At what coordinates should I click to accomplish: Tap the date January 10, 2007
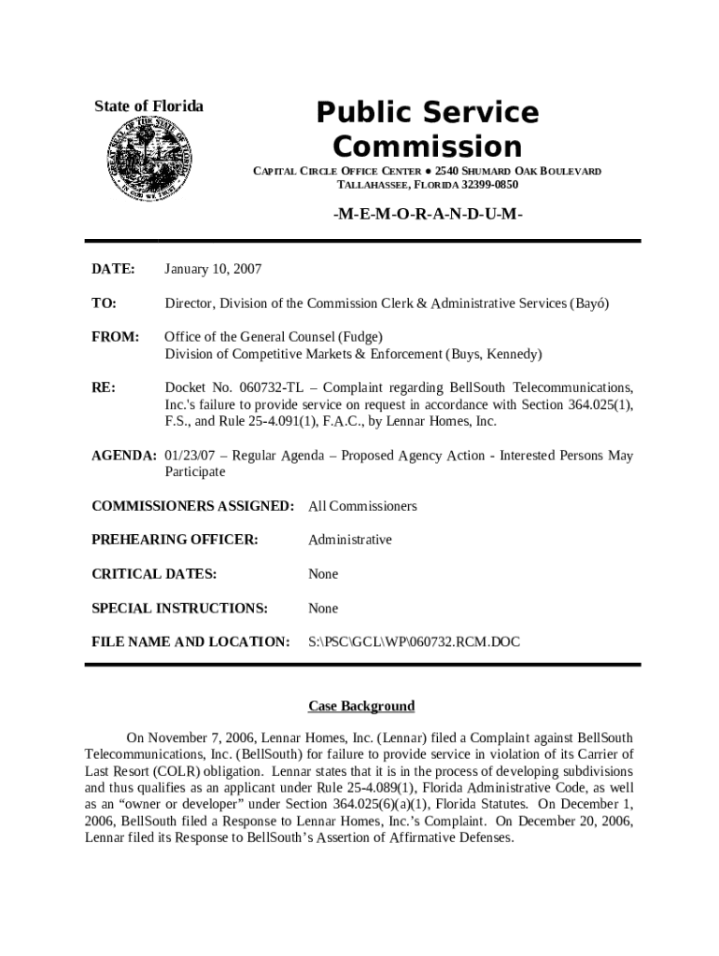tap(213, 269)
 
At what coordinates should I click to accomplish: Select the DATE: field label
tap(113, 269)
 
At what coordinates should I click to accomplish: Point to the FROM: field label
tap(115, 336)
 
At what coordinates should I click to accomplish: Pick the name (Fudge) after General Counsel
tap(360, 336)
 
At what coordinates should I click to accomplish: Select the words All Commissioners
tap(362, 506)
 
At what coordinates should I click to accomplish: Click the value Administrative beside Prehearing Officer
tap(350, 540)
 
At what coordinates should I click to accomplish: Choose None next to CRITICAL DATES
tap(323, 573)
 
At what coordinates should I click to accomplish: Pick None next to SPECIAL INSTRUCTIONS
tap(323, 608)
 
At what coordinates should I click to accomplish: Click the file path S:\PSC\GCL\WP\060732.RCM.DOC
tap(414, 641)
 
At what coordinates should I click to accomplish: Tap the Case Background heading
tap(361, 706)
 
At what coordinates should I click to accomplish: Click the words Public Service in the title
tap(428, 113)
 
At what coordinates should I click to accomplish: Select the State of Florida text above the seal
tap(148, 106)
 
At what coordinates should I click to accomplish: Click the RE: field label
tap(103, 387)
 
